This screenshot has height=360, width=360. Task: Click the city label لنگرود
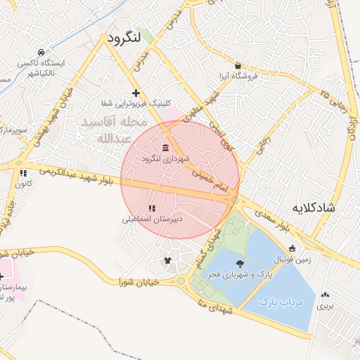click(x=124, y=37)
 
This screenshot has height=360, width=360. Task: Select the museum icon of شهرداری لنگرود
click(x=165, y=148)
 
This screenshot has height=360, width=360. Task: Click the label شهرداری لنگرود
click(x=165, y=159)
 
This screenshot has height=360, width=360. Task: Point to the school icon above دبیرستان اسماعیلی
click(x=151, y=208)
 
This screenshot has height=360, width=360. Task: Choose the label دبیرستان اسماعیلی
click(x=153, y=219)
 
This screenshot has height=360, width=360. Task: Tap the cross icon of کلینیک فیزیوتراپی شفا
click(x=136, y=93)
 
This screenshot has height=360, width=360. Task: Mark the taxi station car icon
click(x=41, y=52)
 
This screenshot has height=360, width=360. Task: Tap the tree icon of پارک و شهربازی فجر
click(x=241, y=263)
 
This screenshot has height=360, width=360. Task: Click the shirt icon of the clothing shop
click(x=167, y=260)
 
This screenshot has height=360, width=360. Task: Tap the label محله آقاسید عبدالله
click(x=114, y=130)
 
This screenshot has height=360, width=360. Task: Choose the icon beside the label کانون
click(x=23, y=172)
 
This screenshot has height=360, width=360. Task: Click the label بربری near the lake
click(x=324, y=306)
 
